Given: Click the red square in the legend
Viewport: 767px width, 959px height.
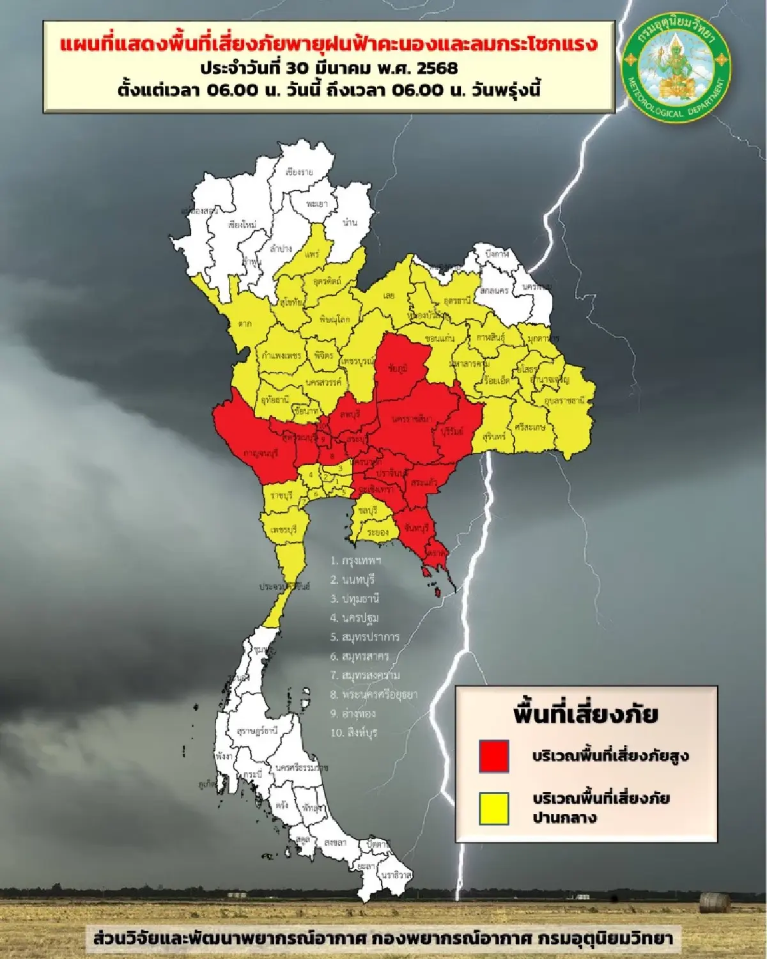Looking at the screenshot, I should [494, 756].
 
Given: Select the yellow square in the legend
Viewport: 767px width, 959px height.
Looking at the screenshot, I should [494, 808].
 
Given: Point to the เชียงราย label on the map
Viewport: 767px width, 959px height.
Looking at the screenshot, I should [299, 173].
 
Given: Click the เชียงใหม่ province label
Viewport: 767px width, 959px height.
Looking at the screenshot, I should [242, 225].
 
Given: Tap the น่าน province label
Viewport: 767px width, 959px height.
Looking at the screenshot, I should [350, 222].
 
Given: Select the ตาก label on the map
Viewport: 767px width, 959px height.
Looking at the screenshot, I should [245, 324].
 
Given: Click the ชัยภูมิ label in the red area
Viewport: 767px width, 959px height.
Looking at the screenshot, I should [398, 368].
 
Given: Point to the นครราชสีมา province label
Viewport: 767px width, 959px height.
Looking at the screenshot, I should [412, 419].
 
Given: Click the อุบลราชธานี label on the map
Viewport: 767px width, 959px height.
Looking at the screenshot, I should [565, 401].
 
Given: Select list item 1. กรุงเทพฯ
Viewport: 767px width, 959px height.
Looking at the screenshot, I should [356, 561].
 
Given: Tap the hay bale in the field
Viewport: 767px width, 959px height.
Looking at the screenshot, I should [714, 903].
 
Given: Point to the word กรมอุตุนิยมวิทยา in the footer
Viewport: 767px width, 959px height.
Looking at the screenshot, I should [605, 939].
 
